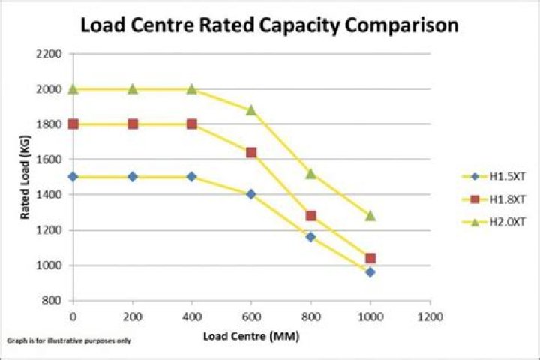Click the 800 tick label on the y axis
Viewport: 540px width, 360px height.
tap(50, 301)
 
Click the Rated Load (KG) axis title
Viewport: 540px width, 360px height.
tap(25, 177)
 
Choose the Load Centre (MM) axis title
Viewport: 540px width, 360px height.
tap(251, 335)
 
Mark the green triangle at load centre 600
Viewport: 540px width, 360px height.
tap(251, 109)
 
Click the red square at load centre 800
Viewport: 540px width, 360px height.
tap(310, 216)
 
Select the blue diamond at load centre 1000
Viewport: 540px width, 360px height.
tap(370, 271)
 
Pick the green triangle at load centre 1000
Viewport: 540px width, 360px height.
tap(370, 216)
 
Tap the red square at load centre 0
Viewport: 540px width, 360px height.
tap(73, 124)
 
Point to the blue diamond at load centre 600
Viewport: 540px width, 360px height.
tap(251, 194)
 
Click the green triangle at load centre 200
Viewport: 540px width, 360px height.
tap(133, 88)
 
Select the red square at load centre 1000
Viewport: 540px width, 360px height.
tap(370, 258)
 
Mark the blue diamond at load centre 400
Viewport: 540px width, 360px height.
tap(192, 177)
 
